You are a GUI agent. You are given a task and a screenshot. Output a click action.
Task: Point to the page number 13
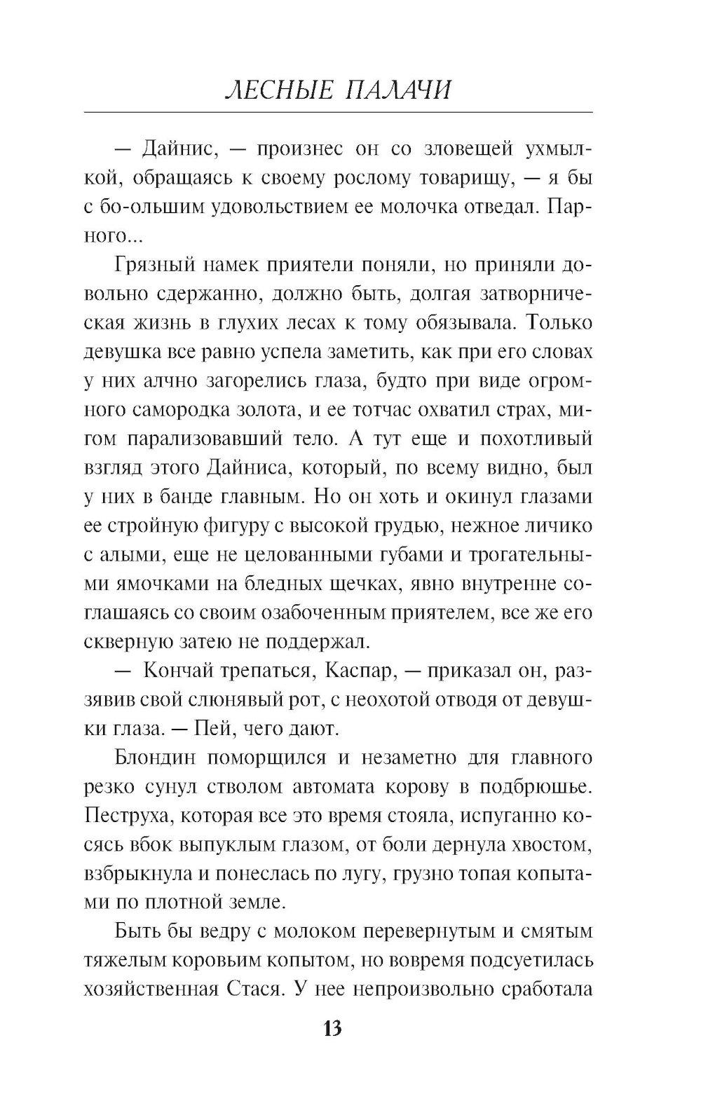click(332, 1028)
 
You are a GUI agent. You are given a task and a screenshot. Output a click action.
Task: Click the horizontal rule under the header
click(338, 112)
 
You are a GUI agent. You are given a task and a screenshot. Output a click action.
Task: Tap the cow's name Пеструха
click(123, 816)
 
